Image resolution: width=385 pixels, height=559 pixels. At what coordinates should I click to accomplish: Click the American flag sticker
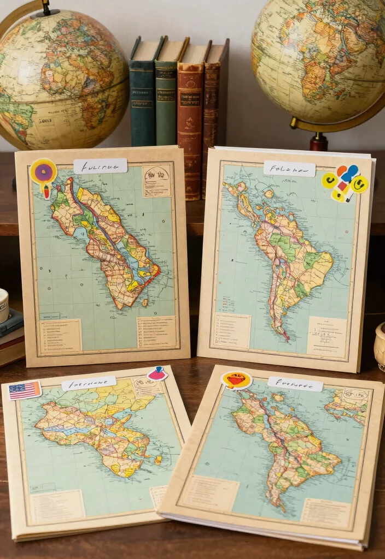coord(25,390)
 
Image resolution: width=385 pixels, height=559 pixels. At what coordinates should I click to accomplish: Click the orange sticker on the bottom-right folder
coord(236,380)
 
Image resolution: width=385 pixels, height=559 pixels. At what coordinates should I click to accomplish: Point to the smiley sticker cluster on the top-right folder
coord(345,182)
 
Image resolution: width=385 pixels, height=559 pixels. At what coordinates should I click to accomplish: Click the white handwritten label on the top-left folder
coord(100,166)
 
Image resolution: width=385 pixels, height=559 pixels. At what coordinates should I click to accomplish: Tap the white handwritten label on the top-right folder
coord(289,169)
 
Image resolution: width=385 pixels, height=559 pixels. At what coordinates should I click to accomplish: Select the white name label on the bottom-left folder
coord(89,383)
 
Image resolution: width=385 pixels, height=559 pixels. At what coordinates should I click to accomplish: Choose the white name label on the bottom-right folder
coord(295,384)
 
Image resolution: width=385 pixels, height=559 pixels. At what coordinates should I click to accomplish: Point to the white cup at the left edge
coord(3,306)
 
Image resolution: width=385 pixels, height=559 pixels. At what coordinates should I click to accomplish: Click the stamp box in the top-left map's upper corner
coord(156,181)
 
